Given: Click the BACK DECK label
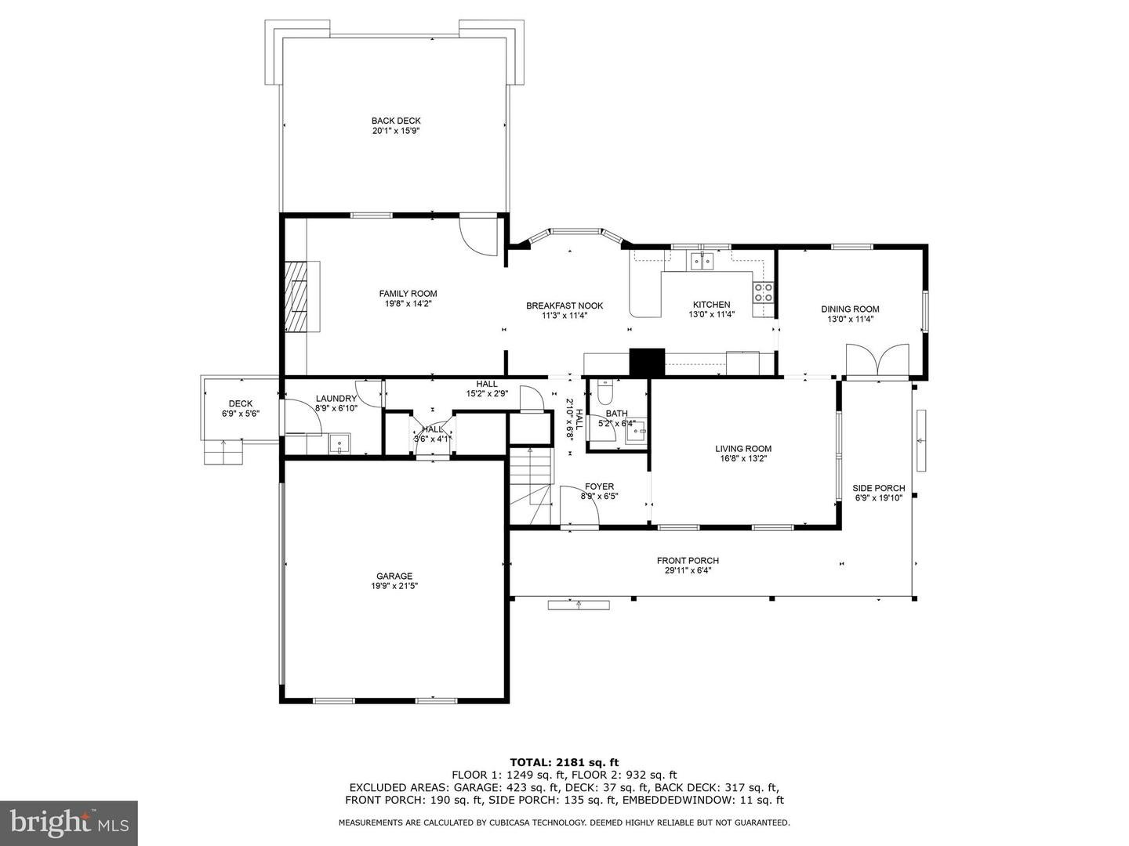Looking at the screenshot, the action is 395,121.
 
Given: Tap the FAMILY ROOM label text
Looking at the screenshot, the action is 408,294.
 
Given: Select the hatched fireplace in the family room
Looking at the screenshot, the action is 297,297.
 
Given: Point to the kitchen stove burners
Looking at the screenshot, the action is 763,292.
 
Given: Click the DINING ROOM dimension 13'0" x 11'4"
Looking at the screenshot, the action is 850,319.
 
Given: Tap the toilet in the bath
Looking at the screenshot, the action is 604,392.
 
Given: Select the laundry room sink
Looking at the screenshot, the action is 339,444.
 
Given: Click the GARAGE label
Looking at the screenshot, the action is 394,577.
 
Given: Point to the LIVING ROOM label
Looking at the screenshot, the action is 743,448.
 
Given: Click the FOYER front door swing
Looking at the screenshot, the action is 579,505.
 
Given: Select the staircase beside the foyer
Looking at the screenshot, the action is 531,486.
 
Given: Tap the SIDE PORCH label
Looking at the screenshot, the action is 879,488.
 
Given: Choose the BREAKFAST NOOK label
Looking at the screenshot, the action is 564,305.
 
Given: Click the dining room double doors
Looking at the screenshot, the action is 877,361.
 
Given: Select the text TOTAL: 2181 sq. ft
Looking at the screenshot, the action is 564,762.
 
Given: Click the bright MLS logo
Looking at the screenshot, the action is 69,822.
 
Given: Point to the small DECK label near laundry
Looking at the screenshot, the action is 240,403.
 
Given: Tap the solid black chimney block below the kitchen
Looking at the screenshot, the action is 648,363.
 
